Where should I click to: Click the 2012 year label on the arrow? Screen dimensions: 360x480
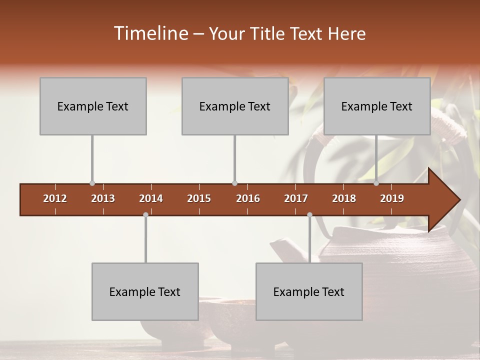55,198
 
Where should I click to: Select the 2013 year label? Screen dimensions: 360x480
103,198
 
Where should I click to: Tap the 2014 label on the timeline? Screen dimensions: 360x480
151,198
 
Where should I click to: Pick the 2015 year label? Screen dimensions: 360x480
199,198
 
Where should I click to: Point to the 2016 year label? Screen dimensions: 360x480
248,198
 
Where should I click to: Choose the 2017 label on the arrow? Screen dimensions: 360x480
296,198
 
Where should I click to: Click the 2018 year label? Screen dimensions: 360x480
344,198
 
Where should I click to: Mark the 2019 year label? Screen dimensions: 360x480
392,198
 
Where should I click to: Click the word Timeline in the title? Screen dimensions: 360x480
150,33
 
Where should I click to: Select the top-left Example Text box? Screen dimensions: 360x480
93,106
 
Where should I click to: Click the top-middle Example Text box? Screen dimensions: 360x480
235,106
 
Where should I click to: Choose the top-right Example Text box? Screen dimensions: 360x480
377,106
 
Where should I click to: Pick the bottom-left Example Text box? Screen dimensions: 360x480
145,291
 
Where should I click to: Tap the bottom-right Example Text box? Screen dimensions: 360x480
309,291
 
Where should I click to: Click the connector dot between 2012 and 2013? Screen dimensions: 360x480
92,183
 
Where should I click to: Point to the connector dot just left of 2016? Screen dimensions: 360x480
235,183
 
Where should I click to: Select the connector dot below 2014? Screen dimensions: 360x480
145,215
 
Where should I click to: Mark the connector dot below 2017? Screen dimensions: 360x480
309,215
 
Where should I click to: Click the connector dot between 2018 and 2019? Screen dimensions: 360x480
376,183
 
